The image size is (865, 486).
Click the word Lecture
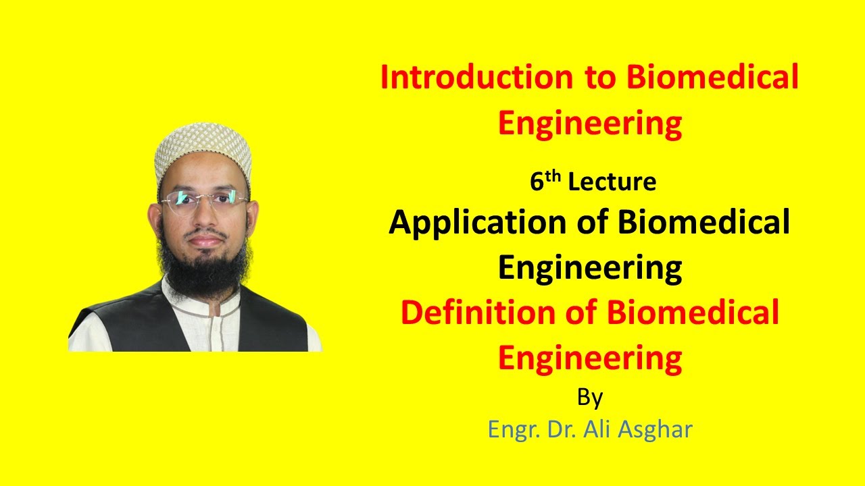click(x=612, y=182)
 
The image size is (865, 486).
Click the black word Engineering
click(x=589, y=268)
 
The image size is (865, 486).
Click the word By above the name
click(x=589, y=398)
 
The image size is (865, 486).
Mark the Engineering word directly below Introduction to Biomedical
click(x=589, y=124)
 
